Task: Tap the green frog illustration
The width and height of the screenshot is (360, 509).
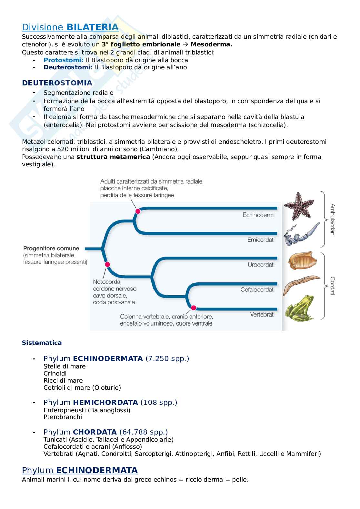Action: point(299,308)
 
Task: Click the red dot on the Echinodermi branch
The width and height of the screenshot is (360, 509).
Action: point(138,211)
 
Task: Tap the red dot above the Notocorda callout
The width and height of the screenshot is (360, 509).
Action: point(107,264)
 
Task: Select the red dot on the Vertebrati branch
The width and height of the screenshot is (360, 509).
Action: point(194,307)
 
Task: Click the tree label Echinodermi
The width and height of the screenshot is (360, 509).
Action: point(258,215)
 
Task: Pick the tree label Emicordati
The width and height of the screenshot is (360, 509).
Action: point(261,240)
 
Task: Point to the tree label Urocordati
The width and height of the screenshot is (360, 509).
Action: point(261,265)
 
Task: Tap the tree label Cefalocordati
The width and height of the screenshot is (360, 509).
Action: point(257,289)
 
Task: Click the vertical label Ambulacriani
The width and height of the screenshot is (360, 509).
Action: point(333,220)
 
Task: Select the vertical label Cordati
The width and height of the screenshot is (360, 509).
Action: point(333,286)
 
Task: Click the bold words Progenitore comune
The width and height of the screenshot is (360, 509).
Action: point(51,249)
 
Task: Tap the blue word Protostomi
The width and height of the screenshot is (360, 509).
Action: point(64,60)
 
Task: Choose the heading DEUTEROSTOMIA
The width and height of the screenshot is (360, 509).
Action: point(57,83)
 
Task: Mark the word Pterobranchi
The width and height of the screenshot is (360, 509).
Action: point(63,417)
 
